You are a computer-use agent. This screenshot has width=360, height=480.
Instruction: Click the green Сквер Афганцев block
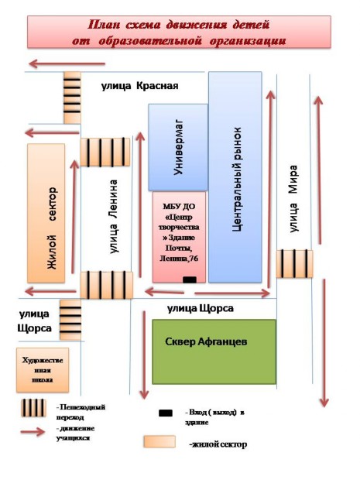tap(214, 351)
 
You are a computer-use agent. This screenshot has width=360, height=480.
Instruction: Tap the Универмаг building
tap(178, 147)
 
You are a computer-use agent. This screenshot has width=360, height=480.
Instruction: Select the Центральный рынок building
tap(235, 177)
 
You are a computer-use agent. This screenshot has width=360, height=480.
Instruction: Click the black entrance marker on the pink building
tap(190, 279)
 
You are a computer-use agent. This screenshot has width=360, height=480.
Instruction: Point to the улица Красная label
tap(139, 86)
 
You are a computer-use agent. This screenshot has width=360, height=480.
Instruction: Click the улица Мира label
tap(293, 199)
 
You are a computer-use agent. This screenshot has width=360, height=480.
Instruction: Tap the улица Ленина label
tap(113, 217)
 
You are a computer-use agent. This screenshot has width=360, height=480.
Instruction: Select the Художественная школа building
tap(43, 370)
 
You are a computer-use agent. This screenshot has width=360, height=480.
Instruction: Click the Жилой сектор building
tap(46, 213)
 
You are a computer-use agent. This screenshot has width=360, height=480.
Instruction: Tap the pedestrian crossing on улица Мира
tap(294, 264)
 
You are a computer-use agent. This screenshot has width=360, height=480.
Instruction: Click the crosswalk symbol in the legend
tap(33, 408)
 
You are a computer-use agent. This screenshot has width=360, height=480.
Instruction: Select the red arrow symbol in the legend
tap(33, 432)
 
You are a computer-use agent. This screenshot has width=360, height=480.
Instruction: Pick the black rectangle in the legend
tap(166, 413)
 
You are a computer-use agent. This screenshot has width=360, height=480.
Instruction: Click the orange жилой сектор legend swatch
tap(159, 441)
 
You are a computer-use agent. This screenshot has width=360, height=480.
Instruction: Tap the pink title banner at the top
tap(179, 33)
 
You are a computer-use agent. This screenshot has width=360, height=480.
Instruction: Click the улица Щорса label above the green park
tap(201, 308)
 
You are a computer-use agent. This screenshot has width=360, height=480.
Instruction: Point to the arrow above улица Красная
tap(67, 64)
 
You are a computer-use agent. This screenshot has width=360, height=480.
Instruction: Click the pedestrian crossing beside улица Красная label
tap(72, 98)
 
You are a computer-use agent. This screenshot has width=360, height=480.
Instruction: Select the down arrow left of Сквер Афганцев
tap(144, 355)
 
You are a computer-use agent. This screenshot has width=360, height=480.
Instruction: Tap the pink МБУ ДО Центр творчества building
tap(179, 237)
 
